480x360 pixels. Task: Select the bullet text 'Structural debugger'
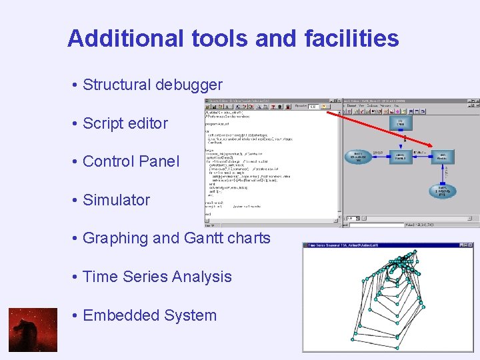152,85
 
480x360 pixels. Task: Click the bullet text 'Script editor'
125,123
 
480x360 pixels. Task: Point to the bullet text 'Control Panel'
131,161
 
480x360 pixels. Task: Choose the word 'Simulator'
116,200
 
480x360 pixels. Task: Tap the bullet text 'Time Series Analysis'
157,277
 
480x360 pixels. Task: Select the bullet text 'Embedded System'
149,315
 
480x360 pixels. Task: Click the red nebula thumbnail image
33,330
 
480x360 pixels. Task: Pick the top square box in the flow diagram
401,123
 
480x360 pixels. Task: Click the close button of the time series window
468,246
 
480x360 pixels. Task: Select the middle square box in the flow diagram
401,157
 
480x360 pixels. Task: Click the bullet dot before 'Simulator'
77,200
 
